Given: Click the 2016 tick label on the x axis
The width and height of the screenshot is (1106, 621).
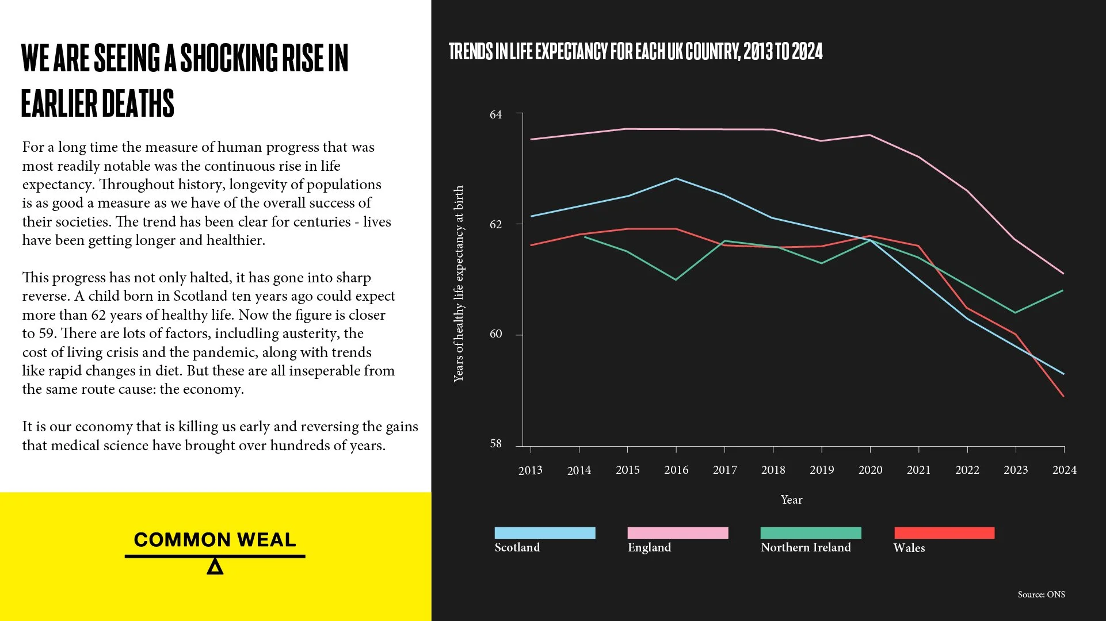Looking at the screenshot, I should (676, 470).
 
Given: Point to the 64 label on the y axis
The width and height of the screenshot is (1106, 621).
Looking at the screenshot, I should (495, 114).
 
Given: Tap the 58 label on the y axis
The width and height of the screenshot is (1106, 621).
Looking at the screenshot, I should (495, 444).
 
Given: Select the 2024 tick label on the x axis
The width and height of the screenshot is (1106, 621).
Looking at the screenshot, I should (1064, 470).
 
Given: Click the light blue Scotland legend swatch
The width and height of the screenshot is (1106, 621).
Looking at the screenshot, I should (544, 533).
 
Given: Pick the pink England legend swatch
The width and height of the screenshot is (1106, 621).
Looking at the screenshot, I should (677, 533).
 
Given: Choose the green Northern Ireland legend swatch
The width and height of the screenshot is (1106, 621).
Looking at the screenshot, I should (810, 533).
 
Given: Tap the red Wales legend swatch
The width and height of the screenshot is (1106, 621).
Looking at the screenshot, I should (944, 533).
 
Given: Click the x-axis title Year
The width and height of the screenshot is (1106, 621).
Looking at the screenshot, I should (791, 500).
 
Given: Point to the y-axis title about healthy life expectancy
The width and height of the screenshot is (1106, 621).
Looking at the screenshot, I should (458, 283).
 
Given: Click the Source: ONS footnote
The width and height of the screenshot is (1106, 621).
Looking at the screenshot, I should (1041, 595).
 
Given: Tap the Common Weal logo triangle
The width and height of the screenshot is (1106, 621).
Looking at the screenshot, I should (215, 566).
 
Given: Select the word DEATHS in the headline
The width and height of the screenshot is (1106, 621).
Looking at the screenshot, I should (138, 103).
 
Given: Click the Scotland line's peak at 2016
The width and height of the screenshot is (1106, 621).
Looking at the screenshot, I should (676, 178).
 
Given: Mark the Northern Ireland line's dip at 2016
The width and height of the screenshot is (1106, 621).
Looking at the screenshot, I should (676, 279).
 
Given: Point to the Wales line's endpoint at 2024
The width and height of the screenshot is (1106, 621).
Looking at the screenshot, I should (1063, 396).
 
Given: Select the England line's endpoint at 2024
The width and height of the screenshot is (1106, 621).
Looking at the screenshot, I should (1063, 274).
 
